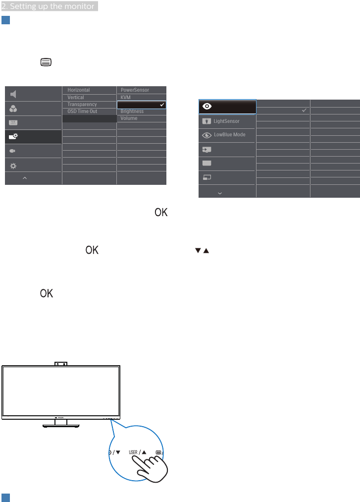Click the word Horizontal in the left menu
click(79, 90)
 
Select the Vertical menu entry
click(76, 98)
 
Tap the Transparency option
click(82, 105)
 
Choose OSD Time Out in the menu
click(82, 112)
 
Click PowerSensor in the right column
click(135, 90)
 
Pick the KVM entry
click(125, 98)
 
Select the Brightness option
click(132, 112)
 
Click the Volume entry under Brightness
click(129, 118)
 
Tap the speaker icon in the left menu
click(13, 94)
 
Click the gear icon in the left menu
click(13, 166)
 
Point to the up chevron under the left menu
click(25, 177)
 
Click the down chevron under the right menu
click(220, 192)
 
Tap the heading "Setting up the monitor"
click(48, 5)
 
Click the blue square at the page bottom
click(5, 497)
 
